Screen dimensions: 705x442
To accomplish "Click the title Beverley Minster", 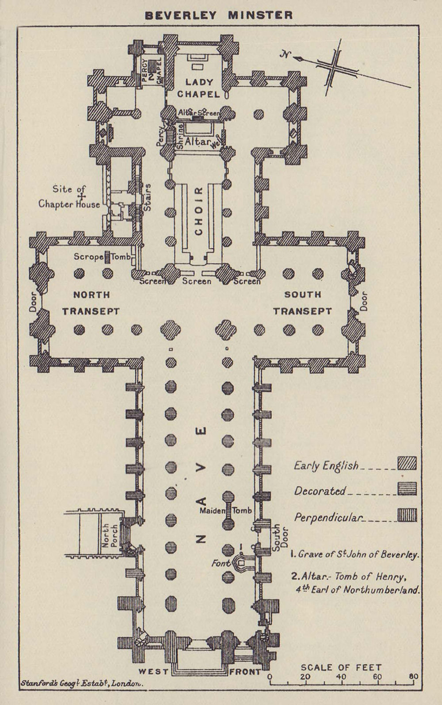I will pos(219,15).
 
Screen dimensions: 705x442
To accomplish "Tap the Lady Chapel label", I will pos(198,88).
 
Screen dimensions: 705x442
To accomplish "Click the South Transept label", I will pos(302,303).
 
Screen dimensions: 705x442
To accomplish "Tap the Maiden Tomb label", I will pos(225,510).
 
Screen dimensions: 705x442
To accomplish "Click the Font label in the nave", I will pos(221,563).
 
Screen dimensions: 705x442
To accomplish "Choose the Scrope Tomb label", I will pos(102,257).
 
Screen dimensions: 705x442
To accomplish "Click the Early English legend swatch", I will pos(407,464).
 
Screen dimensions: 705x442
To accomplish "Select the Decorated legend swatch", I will pos(407,489).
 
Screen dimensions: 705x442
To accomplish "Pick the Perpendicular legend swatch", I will pos(407,515).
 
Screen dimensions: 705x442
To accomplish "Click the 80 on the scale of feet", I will pos(413,677).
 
